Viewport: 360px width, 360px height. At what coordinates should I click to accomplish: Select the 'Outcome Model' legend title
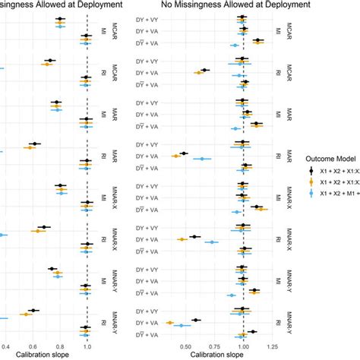click(331, 158)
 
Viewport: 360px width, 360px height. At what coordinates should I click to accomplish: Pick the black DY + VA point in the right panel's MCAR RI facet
click(204, 70)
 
